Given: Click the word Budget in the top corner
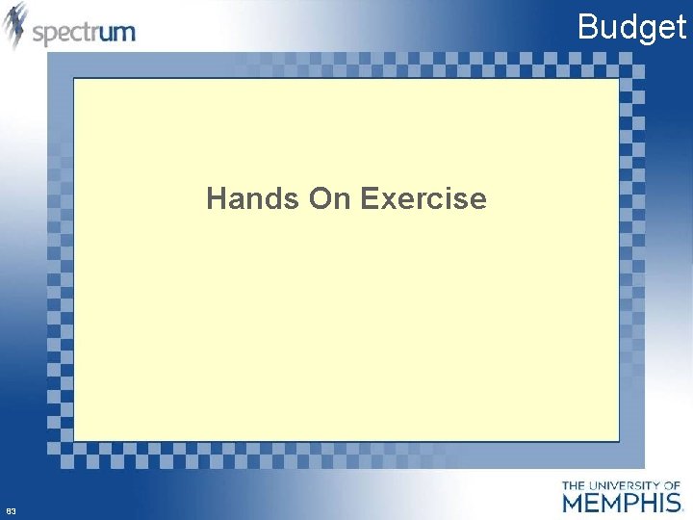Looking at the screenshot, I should [x=631, y=27].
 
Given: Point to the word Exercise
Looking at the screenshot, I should [x=423, y=199].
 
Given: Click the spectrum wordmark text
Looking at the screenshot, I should [x=84, y=33].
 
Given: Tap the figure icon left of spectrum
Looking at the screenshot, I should [x=15, y=26].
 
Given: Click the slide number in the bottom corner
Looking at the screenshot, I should [x=11, y=509].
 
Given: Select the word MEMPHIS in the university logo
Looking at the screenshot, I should [x=622, y=502].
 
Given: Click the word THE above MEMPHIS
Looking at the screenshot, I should [x=574, y=485].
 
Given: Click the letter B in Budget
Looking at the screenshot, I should [x=586, y=27].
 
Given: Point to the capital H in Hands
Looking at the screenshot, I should [x=216, y=199].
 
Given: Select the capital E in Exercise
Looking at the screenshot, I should [x=368, y=199].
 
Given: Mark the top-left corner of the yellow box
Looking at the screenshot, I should [x=75, y=79].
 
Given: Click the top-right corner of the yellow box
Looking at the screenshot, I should [x=618, y=79].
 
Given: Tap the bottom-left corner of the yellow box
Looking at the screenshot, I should [x=75, y=440].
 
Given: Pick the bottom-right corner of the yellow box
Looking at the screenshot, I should [x=618, y=440].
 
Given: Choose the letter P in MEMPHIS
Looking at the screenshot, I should [x=629, y=502].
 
